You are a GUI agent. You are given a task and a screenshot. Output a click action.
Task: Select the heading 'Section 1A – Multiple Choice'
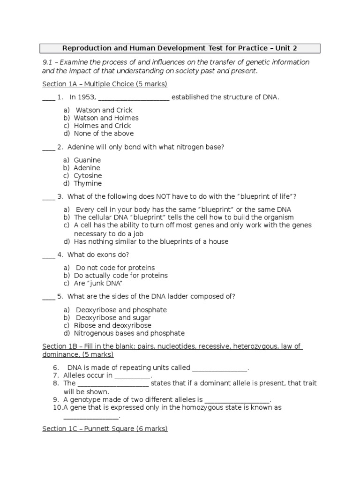coord(105,84)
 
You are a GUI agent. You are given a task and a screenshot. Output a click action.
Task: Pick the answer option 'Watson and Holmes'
coord(106,118)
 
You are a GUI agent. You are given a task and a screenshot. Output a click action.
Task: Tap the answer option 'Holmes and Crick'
coord(102,126)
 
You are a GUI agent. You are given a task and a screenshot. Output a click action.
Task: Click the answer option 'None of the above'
coord(104,134)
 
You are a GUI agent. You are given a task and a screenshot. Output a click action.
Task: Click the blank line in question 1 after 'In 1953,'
coord(134,97)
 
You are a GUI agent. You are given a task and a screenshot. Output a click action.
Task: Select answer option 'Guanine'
coord(87,160)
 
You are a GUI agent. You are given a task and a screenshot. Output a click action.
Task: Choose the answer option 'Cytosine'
coord(88,176)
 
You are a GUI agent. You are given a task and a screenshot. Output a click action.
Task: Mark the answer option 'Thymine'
coord(88,183)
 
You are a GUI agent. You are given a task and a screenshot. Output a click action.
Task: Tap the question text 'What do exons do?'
coord(98,255)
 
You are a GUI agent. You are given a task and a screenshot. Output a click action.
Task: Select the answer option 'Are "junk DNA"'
coord(98,283)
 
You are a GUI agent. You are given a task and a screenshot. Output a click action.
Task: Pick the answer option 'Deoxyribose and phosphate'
coord(121,310)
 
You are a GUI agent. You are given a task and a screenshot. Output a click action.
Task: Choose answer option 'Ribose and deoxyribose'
coord(112,325)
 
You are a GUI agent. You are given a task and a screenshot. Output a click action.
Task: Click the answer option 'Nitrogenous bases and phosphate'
coord(129,333)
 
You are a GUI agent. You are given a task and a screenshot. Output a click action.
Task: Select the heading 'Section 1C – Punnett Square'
coord(105,428)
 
